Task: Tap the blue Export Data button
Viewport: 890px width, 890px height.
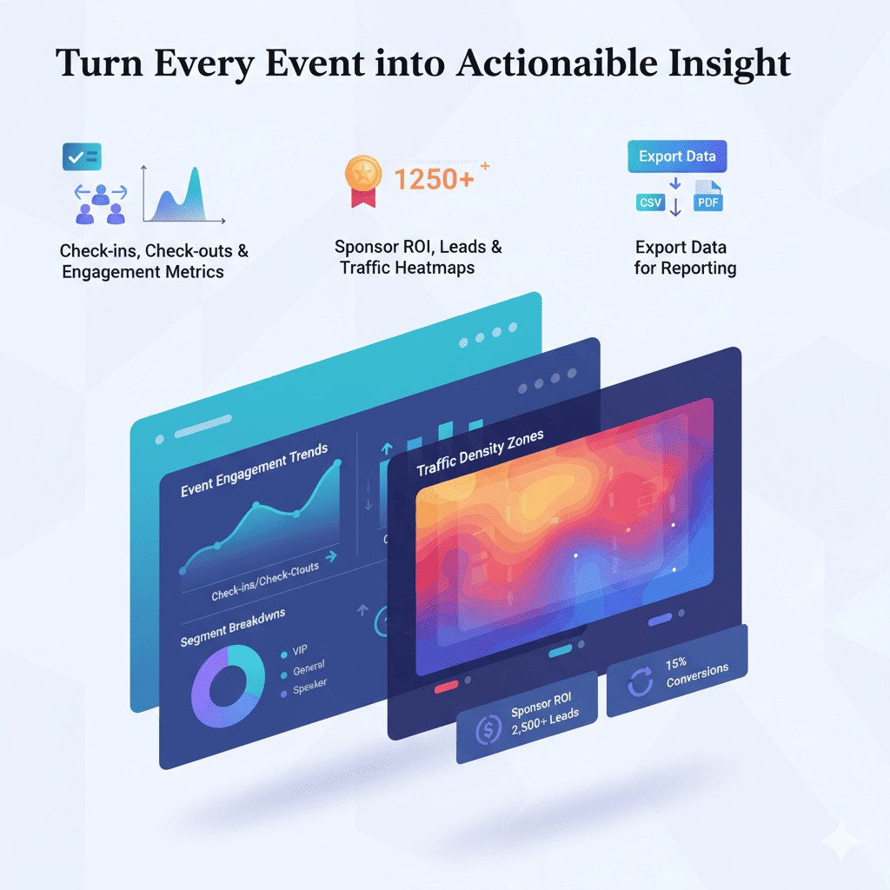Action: click(x=677, y=156)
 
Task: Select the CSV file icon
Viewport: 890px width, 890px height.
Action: click(x=649, y=203)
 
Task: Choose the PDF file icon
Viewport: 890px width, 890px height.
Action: click(x=707, y=200)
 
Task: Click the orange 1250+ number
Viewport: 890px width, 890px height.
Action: click(x=433, y=179)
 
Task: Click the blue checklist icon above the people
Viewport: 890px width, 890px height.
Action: click(x=82, y=157)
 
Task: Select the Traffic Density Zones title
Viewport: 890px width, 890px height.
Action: click(x=479, y=453)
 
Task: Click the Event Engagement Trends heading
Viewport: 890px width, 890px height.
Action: click(x=255, y=470)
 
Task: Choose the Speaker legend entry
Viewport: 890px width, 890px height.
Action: click(x=308, y=688)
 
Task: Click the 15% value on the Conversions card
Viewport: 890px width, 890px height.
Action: click(x=676, y=663)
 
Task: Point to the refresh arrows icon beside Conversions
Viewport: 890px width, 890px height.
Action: click(x=641, y=683)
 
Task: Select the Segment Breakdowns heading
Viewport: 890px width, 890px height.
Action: click(x=232, y=627)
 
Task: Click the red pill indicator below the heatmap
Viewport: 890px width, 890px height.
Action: click(x=446, y=686)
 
